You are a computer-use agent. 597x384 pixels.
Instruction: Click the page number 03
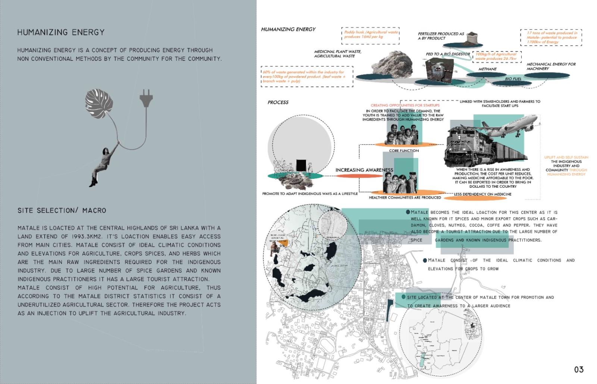[x=579, y=369]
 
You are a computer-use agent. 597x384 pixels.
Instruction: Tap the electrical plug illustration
[x=146, y=98]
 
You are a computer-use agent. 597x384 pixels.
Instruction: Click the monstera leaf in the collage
[x=99, y=103]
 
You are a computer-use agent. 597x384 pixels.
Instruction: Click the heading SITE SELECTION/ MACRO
[x=62, y=210]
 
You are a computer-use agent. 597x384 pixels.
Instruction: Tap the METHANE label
[x=487, y=69]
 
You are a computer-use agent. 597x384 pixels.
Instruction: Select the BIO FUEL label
[x=513, y=79]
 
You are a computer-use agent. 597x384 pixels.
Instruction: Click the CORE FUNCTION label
[x=404, y=151]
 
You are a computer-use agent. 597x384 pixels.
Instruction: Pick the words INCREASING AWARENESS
[x=364, y=170]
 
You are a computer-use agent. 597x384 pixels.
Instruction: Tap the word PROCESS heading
[x=278, y=102]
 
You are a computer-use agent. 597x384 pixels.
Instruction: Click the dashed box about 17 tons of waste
[x=551, y=37]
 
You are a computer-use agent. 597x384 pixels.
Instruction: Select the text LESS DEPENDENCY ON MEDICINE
[x=482, y=194]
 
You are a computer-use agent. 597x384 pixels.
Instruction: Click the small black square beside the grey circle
[x=301, y=165]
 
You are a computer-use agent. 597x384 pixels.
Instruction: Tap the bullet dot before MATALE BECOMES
[x=408, y=212]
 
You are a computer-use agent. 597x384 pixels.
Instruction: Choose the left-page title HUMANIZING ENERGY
[x=61, y=32]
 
